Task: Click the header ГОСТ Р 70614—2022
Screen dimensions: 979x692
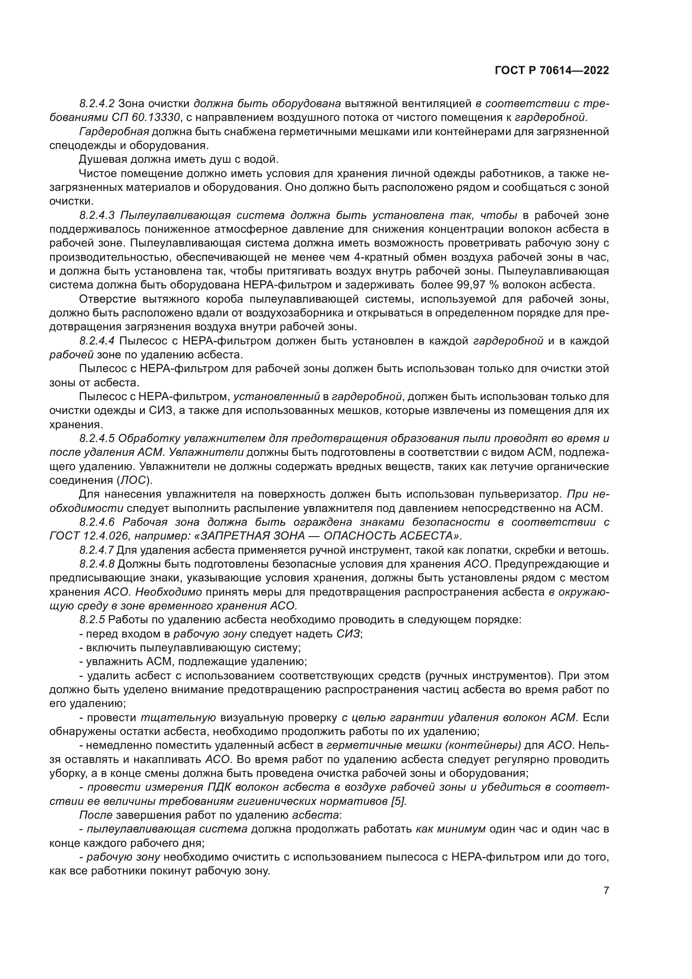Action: click(x=551, y=71)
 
